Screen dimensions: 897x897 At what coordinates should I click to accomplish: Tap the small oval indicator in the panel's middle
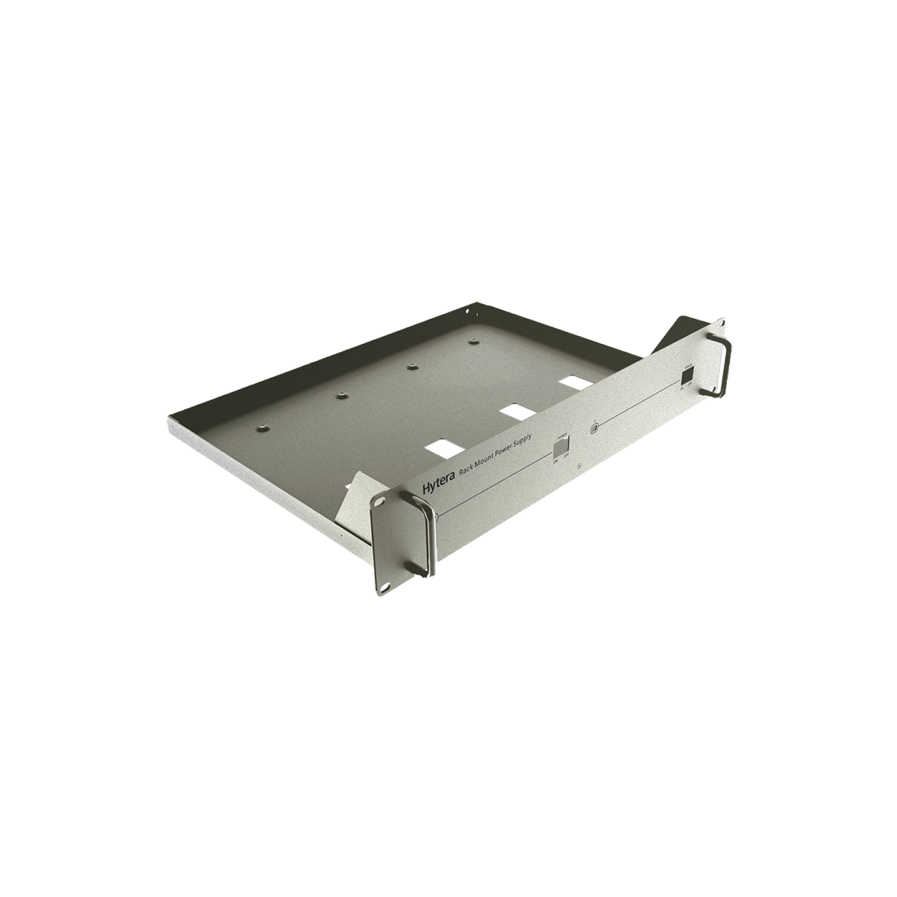594,429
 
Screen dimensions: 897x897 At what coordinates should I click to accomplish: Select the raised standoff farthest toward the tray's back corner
473,341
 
